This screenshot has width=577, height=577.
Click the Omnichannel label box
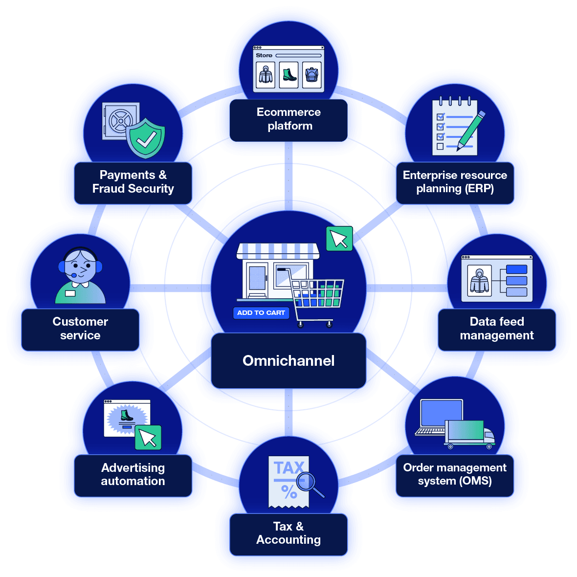click(288, 361)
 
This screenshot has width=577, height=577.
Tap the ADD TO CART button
click(261, 313)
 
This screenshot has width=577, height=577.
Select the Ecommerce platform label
click(288, 119)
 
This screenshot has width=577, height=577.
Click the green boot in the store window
click(289, 75)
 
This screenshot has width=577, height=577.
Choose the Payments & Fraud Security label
click(133, 182)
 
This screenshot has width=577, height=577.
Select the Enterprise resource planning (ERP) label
click(455, 182)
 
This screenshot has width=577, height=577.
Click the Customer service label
click(80, 329)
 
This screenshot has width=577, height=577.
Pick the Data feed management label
click(497, 329)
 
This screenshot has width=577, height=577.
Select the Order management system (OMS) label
click(455, 474)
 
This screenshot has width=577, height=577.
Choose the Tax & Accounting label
click(288, 533)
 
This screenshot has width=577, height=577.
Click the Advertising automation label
click(133, 474)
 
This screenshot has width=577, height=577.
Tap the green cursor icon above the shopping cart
click(339, 239)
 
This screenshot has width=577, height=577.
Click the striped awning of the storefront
click(278, 251)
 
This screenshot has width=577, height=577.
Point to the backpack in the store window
click(311, 75)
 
